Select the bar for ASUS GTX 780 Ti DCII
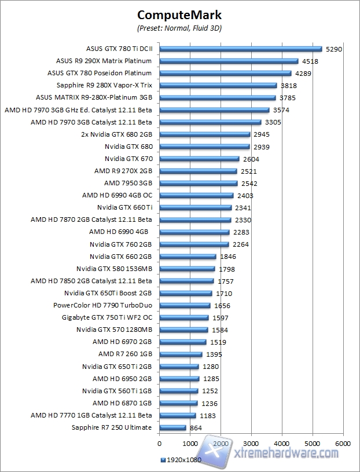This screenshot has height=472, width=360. pos(240,49)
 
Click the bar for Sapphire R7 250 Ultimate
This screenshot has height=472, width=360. pos(172,427)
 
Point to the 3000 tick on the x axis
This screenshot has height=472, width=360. pos(251,443)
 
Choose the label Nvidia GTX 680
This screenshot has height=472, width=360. pos(128,147)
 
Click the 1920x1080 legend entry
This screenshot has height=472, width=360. pos(183,460)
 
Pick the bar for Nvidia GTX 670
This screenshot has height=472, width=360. pos(199,159)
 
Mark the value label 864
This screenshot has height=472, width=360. pos(196,427)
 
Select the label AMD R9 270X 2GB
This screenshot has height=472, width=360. pos(123,171)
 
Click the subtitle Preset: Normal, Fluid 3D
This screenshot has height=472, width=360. pos(179,27)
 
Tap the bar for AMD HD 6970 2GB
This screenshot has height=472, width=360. pos(182,342)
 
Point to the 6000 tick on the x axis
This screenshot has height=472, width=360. pos(343,443)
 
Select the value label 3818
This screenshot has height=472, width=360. pos(288,86)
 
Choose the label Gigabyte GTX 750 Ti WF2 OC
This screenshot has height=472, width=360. pos(107,317)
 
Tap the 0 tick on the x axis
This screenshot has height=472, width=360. pos(159,443)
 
